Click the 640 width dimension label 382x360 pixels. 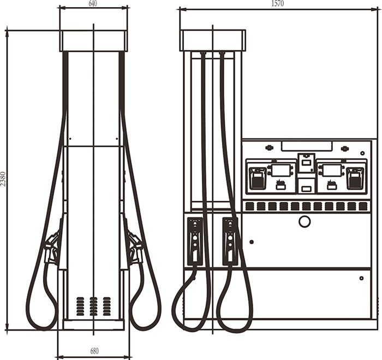(x=93, y=3)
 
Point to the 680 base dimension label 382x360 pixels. (x=94, y=351)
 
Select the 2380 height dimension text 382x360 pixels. (x=3, y=179)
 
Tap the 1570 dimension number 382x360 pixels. (x=277, y=3)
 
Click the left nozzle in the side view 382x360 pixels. (x=52, y=248)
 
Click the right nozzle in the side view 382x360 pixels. (x=135, y=248)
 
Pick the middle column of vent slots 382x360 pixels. (x=93, y=306)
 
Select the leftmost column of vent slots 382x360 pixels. (x=80, y=306)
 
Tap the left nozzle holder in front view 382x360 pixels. (x=195, y=241)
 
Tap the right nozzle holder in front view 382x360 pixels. (x=230, y=241)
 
